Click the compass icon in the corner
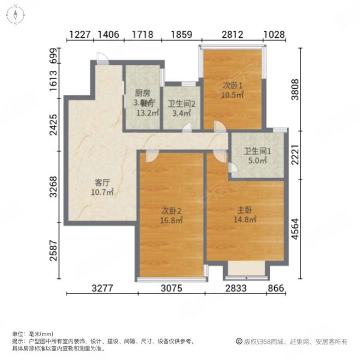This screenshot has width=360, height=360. tap(14, 14)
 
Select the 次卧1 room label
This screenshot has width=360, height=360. tap(233, 85)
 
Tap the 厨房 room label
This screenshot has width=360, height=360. tap(142, 93)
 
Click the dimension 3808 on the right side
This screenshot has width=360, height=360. tap(294, 89)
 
